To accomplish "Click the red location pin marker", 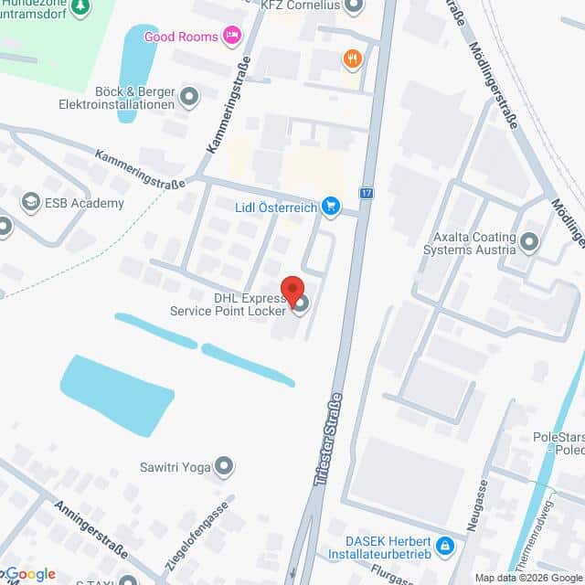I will coord(292,291).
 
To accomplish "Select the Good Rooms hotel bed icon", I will coord(232,37).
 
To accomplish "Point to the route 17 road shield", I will coord(367,193).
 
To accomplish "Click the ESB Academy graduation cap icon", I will coord(31,203).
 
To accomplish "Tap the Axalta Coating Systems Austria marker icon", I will coord(530,242).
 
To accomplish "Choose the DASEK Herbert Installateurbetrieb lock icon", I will coord(445,546).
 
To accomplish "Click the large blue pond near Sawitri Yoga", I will coord(116,394).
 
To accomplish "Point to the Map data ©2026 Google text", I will coord(528,578).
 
